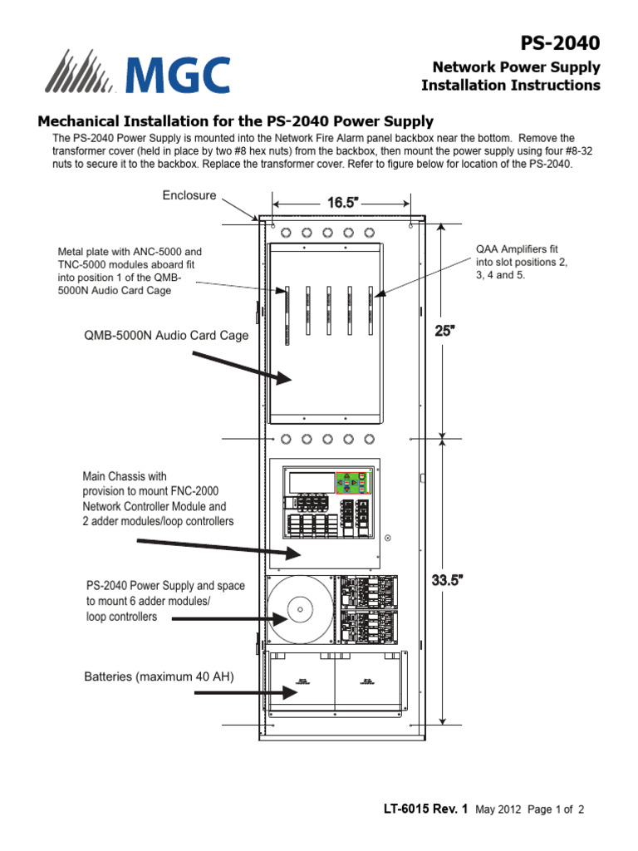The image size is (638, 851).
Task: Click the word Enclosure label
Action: tap(189, 195)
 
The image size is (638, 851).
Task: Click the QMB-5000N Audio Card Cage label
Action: tap(166, 335)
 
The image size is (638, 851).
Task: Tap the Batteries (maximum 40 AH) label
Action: tap(159, 677)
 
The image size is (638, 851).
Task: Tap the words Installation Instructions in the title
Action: tap(510, 85)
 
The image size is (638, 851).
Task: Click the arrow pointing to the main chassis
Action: tap(216, 548)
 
